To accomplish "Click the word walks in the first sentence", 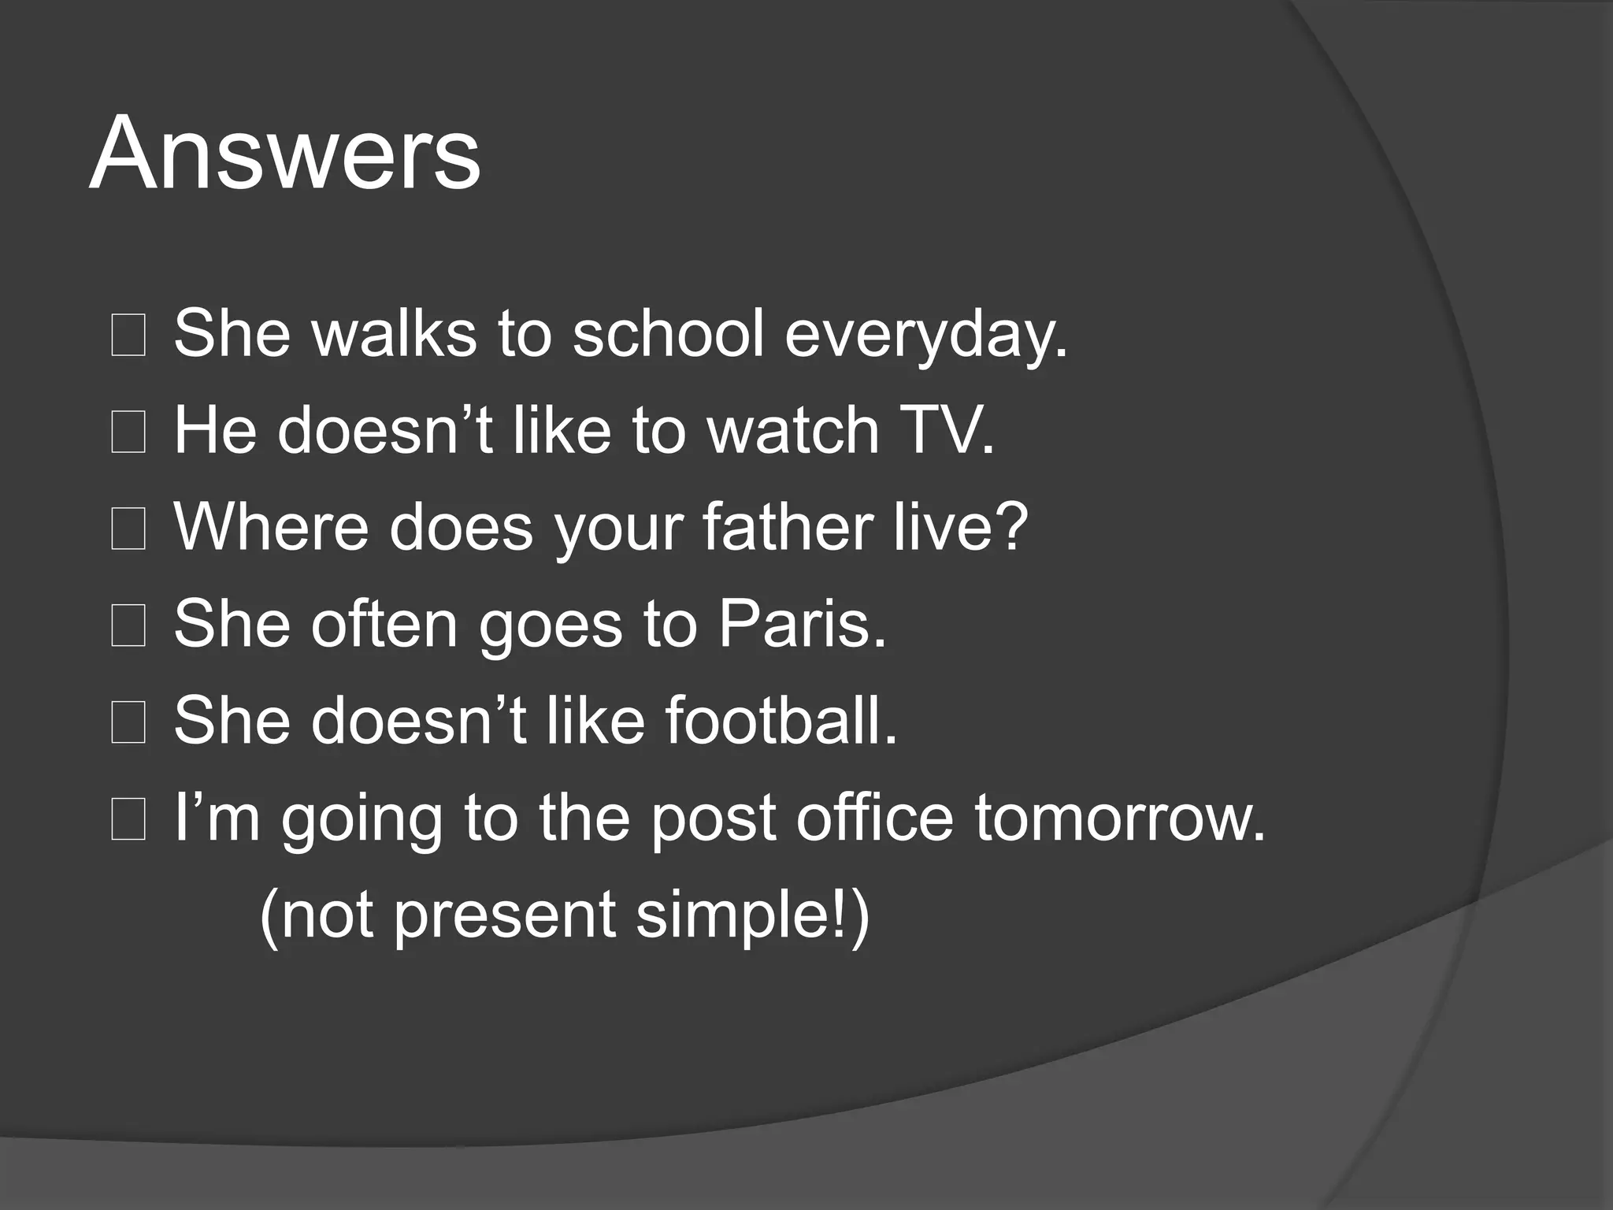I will (x=394, y=333).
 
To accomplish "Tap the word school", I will (x=668, y=333).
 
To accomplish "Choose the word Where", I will (x=271, y=527).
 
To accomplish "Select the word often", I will (x=384, y=624).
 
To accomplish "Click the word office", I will (x=874, y=818).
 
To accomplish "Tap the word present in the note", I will (x=504, y=917).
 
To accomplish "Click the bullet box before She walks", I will (x=128, y=335).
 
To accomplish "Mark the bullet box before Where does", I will (x=128, y=529).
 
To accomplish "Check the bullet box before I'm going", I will (x=128, y=819).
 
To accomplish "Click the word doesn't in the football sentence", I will (x=419, y=721).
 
